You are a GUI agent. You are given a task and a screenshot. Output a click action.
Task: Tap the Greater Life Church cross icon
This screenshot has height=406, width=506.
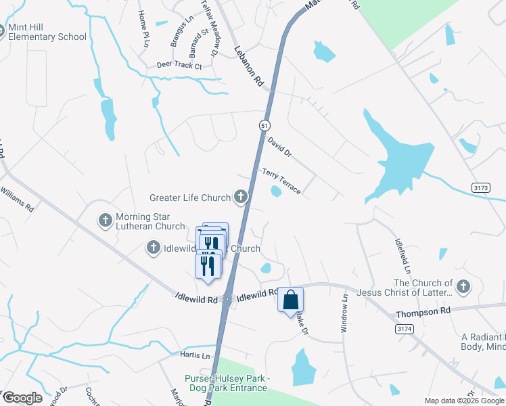pyautogui.click(x=240, y=198)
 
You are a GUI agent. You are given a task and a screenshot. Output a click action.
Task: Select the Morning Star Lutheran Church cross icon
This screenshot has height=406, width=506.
pyautogui.click(x=105, y=221)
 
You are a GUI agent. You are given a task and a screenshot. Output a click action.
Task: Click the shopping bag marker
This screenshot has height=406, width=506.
pyautogui.click(x=290, y=300)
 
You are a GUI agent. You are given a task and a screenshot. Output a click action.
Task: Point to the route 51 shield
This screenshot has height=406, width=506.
pyautogui.click(x=264, y=125)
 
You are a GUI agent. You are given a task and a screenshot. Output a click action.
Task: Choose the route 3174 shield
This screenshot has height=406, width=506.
pyautogui.click(x=404, y=328)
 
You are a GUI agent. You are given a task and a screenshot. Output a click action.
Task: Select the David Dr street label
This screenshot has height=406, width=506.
pyautogui.click(x=279, y=147)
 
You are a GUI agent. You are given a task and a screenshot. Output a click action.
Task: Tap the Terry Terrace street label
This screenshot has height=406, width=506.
pyautogui.click(x=281, y=181)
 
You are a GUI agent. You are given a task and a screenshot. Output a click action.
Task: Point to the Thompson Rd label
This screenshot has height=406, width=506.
pyautogui.click(x=423, y=313)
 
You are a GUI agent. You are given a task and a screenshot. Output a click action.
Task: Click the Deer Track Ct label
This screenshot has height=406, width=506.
pyautogui.click(x=179, y=66)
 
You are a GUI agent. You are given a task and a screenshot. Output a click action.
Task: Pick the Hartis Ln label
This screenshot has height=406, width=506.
pyautogui.click(x=195, y=355)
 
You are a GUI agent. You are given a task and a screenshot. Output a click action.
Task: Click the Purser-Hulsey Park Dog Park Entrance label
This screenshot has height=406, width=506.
pyautogui.click(x=227, y=383)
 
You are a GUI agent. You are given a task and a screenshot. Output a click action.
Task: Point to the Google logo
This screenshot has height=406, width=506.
pyautogui.click(x=22, y=398)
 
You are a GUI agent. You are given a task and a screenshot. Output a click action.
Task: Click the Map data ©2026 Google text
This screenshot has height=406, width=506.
pyautogui.click(x=464, y=401)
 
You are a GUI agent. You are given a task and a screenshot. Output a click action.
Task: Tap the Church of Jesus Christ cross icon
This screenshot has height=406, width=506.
pyautogui.click(x=463, y=287)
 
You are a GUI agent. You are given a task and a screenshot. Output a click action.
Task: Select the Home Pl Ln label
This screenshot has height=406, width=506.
pyautogui.click(x=143, y=28)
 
